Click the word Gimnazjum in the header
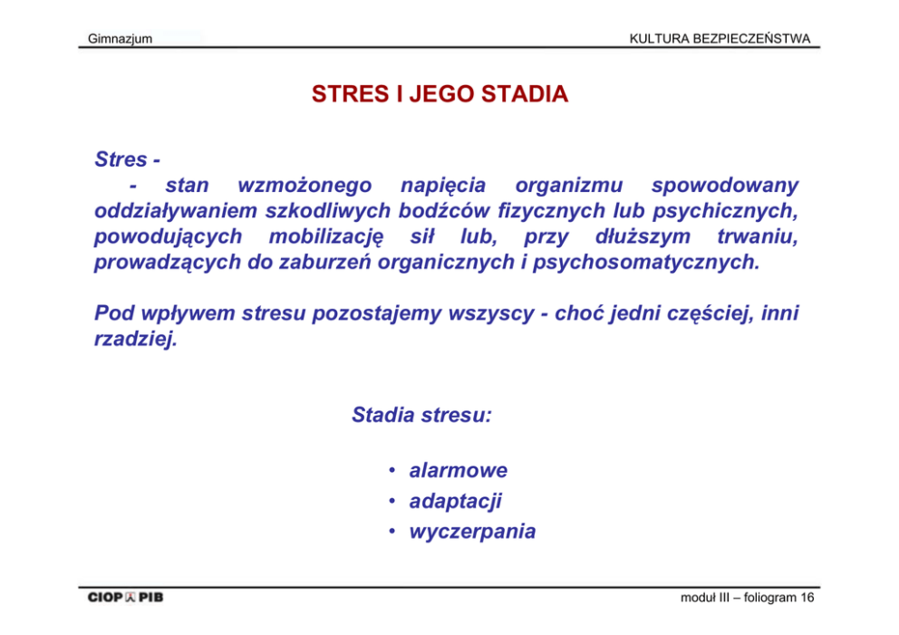click(120, 39)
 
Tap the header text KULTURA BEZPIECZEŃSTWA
click(720, 38)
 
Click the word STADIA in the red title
click(525, 94)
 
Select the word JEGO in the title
click(441, 94)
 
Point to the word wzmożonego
click(304, 186)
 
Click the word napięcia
click(442, 187)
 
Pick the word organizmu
click(568, 187)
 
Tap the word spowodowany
click(725, 187)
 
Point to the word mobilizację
click(325, 236)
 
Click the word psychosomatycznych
click(646, 263)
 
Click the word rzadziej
click(136, 340)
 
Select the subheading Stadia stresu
click(421, 415)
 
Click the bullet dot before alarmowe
click(392, 470)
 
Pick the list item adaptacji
click(455, 502)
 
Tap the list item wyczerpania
click(472, 532)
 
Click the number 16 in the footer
click(807, 598)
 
